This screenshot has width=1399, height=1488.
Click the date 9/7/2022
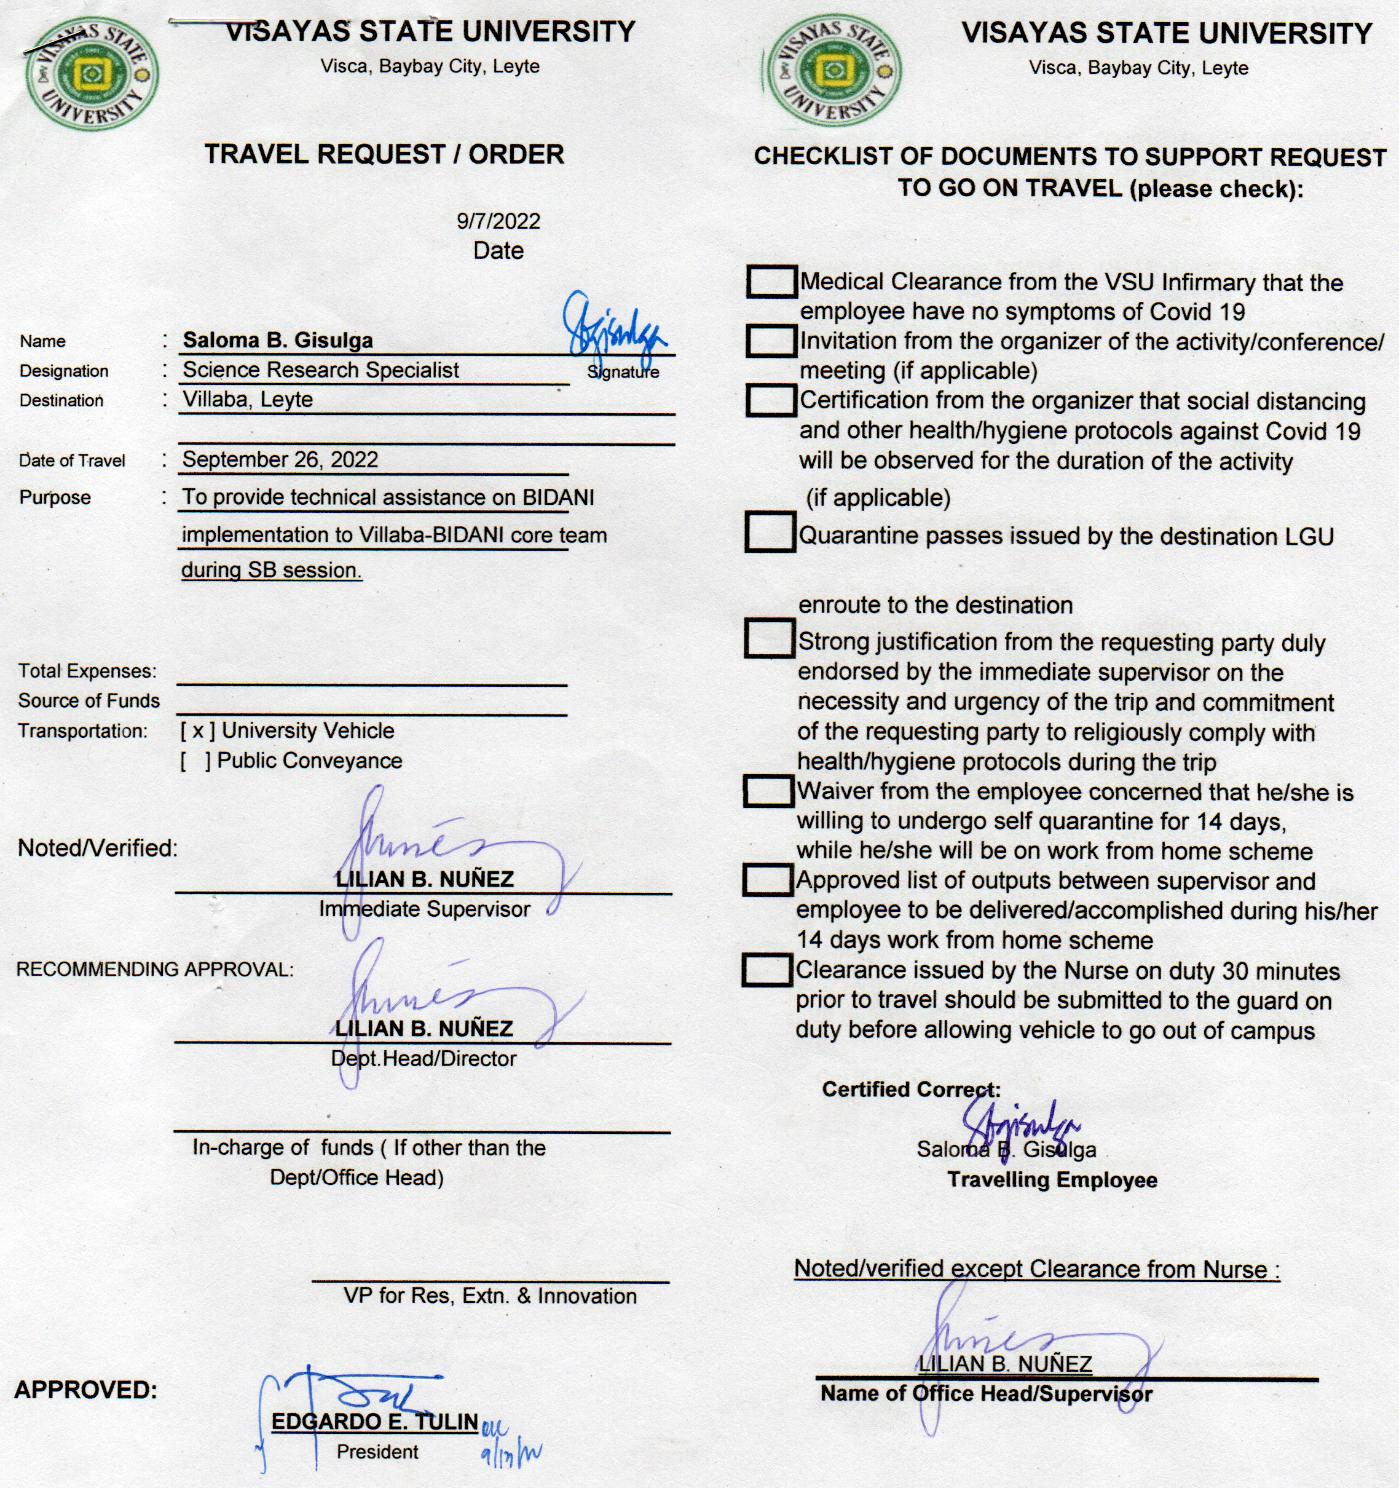click(499, 221)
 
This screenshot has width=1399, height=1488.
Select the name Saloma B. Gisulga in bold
click(278, 341)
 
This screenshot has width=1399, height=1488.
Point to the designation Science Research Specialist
click(321, 370)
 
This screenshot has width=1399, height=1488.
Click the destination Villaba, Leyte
click(248, 400)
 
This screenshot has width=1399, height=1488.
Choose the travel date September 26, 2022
click(280, 459)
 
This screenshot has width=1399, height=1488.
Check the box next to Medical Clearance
click(771, 282)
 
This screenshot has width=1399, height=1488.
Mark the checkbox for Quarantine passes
click(770, 532)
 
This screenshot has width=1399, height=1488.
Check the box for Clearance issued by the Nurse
click(767, 970)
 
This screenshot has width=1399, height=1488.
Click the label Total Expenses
click(87, 671)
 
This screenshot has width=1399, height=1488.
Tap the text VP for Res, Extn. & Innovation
click(490, 1296)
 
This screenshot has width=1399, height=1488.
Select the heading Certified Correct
click(910, 1090)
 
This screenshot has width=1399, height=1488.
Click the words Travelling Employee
click(1052, 1181)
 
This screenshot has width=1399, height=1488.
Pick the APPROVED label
click(86, 1391)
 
